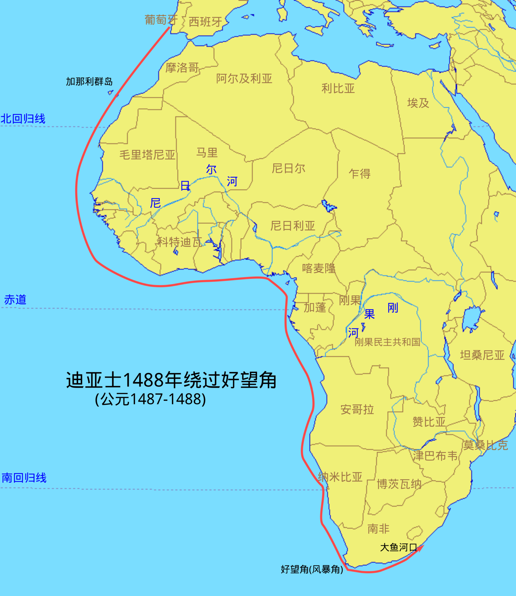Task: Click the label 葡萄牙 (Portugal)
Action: point(161,20)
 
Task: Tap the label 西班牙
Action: point(205,22)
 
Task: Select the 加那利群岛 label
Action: point(89,82)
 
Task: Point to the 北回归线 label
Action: point(23,119)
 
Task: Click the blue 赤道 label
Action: point(15,300)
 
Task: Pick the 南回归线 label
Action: point(24,478)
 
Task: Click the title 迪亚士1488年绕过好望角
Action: point(171,380)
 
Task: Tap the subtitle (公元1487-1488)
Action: point(150,399)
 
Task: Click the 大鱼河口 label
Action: point(398,547)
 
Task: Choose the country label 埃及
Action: point(418,103)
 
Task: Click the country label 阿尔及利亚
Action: point(244,79)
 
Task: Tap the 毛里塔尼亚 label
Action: point(147,155)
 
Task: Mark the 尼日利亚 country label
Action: point(293,226)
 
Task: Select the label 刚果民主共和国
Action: point(387,342)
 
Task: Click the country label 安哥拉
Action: point(357,409)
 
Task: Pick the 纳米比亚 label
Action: point(340,477)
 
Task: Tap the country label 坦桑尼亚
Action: point(482,355)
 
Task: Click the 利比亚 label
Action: point(338,89)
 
